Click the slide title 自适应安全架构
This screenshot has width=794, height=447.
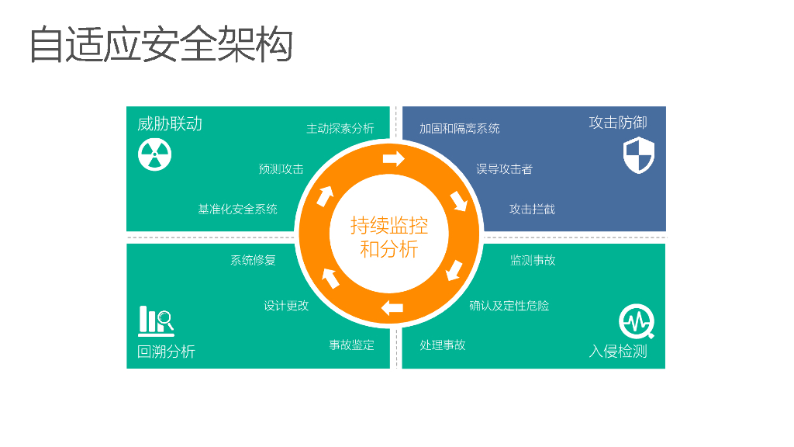pyautogui.click(x=161, y=44)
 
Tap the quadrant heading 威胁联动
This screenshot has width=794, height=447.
pyautogui.click(x=170, y=124)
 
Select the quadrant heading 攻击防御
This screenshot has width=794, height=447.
pyautogui.click(x=617, y=123)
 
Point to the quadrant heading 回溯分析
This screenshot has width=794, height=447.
pyautogui.click(x=166, y=352)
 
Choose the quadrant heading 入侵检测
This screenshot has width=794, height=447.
pyautogui.click(x=617, y=352)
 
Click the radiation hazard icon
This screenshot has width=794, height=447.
pyautogui.click(x=155, y=155)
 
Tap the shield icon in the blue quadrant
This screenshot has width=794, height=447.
pyautogui.click(x=639, y=154)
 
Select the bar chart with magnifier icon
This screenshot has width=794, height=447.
pyautogui.click(x=155, y=320)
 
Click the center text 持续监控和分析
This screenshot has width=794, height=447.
pyautogui.click(x=389, y=237)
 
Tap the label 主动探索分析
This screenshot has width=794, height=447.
pyautogui.click(x=340, y=129)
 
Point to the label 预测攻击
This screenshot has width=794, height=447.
pyautogui.click(x=281, y=169)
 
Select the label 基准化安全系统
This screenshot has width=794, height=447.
pyautogui.click(x=237, y=210)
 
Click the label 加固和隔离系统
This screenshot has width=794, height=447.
pyautogui.click(x=459, y=129)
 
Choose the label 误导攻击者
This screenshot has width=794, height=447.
pyautogui.click(x=504, y=169)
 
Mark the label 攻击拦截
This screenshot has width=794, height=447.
pyautogui.click(x=532, y=210)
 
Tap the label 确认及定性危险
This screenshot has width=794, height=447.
pyautogui.click(x=509, y=306)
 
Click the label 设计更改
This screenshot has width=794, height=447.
pyautogui.click(x=286, y=306)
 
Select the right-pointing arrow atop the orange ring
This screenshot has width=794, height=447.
pyautogui.click(x=394, y=159)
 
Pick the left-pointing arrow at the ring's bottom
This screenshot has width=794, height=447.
pyautogui.click(x=392, y=307)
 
